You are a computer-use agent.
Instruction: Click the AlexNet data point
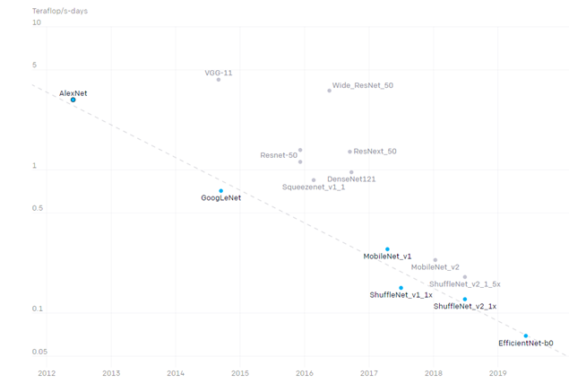tap(73, 100)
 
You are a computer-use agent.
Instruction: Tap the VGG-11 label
tap(219, 73)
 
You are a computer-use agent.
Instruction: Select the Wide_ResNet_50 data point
tap(330, 91)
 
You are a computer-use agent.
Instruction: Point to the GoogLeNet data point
tap(221, 191)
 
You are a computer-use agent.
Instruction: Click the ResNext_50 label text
tap(375, 152)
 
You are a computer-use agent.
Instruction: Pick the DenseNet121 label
tap(351, 179)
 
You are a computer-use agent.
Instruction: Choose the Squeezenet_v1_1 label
tap(314, 187)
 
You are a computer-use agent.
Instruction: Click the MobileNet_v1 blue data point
tap(387, 249)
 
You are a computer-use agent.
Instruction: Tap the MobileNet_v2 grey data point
tap(435, 260)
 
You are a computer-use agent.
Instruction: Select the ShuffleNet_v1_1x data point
tap(401, 288)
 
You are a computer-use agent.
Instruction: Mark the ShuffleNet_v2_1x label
tap(464, 307)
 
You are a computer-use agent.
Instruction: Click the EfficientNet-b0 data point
tap(526, 335)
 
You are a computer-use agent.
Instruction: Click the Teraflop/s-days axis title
tap(63, 10)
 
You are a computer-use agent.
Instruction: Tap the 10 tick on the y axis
tap(37, 23)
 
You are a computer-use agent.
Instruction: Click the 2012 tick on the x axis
tap(46, 372)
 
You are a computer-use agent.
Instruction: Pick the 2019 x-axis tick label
tap(497, 372)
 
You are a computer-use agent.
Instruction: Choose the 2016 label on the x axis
tap(304, 372)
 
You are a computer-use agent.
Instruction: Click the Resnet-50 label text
tap(279, 155)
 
